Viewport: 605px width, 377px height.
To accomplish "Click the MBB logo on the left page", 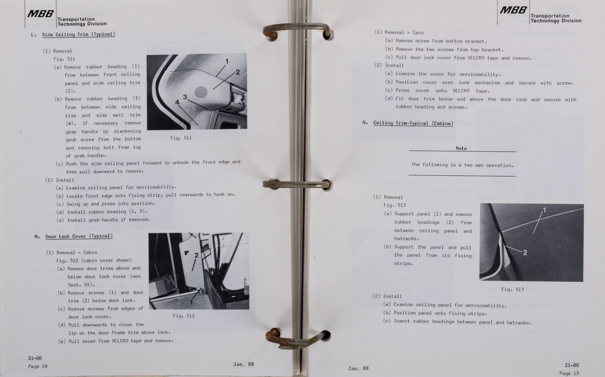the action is click(40, 13).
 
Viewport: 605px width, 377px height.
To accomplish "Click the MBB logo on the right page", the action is click(513, 10).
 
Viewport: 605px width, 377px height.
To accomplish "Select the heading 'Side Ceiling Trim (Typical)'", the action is click(79, 35).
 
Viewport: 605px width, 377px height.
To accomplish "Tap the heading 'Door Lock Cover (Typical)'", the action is click(79, 236).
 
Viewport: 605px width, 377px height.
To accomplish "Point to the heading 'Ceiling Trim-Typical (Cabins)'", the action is click(413, 123).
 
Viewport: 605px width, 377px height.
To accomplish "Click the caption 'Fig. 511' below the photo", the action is click(181, 138).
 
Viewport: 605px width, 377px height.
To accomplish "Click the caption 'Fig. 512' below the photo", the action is click(184, 316).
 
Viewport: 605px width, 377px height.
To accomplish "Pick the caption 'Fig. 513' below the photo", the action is click(512, 289).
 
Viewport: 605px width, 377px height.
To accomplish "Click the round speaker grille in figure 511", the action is click(201, 92).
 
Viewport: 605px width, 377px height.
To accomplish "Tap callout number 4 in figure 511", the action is click(177, 102).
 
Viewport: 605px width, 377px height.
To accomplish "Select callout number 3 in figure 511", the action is click(185, 97).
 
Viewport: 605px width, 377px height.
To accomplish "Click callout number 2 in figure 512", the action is click(196, 255).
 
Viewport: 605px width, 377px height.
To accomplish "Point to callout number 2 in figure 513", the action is click(525, 252).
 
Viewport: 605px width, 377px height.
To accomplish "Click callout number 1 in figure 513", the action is click(544, 210).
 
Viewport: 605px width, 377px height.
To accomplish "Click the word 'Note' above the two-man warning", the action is click(461, 148).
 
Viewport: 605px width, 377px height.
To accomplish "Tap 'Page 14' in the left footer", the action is click(38, 366).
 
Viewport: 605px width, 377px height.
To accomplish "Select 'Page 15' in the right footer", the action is click(569, 373).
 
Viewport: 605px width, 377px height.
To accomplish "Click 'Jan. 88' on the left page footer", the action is click(243, 364).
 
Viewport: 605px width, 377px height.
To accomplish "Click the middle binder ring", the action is click(297, 184).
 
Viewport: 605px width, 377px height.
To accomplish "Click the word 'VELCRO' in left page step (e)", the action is click(120, 341).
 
